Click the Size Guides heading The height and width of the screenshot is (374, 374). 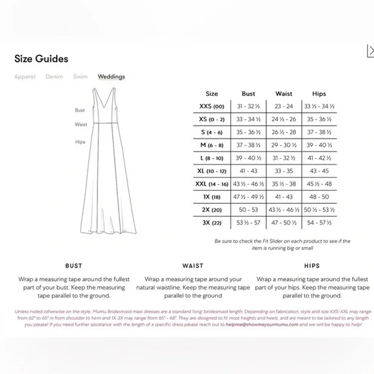click(x=41, y=59)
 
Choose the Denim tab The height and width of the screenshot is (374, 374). click(x=54, y=77)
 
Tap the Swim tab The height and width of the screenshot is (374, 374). click(x=80, y=77)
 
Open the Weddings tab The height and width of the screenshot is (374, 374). click(x=112, y=77)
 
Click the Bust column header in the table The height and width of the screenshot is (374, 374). click(x=248, y=93)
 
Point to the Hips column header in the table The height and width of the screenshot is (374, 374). click(x=319, y=93)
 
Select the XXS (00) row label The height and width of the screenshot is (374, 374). click(x=212, y=106)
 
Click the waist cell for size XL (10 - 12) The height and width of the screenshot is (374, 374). click(x=284, y=170)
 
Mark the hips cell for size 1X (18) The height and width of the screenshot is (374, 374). click(x=319, y=196)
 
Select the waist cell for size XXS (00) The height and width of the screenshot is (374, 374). click(x=284, y=106)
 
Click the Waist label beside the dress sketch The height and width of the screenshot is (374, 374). click(x=81, y=124)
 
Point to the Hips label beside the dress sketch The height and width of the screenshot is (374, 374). click(x=80, y=141)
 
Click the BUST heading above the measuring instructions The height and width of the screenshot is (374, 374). click(x=74, y=266)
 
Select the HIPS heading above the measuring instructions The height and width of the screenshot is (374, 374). click(x=311, y=266)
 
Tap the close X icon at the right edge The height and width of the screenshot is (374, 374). click(x=369, y=51)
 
